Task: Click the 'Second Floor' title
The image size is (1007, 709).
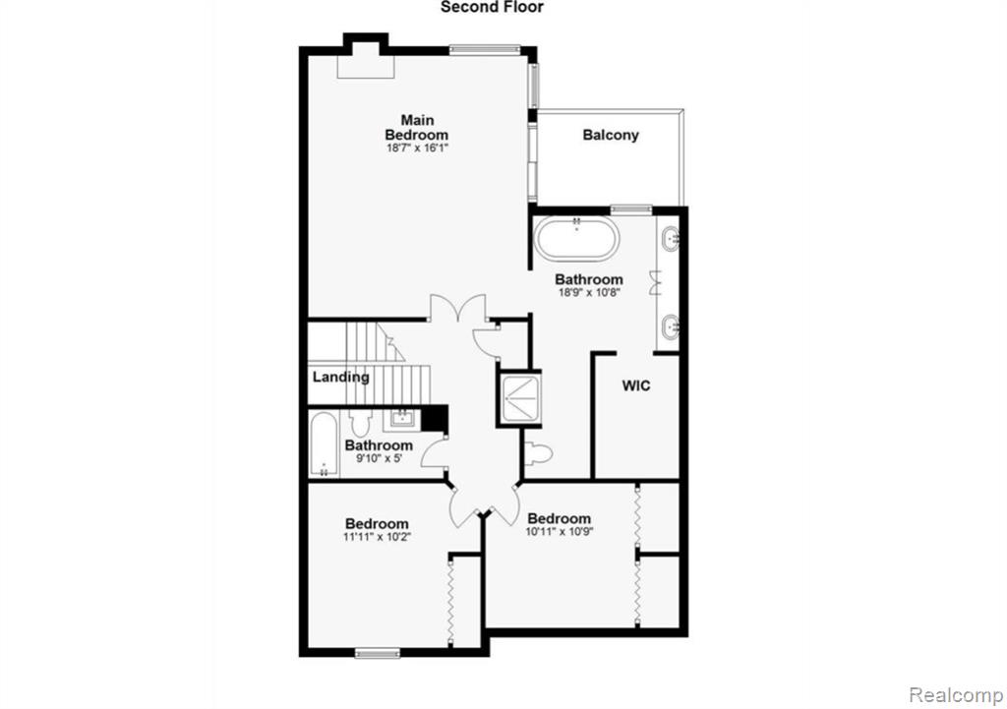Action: (x=492, y=7)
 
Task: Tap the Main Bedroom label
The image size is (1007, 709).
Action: (x=417, y=127)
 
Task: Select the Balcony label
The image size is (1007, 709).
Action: (x=611, y=135)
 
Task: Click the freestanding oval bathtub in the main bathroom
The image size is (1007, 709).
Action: (x=576, y=239)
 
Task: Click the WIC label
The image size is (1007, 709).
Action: (x=636, y=385)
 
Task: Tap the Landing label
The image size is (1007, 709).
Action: (x=341, y=377)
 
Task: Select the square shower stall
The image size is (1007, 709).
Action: (x=519, y=399)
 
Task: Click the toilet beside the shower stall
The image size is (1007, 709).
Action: (x=538, y=453)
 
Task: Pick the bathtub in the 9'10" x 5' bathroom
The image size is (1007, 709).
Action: (x=323, y=444)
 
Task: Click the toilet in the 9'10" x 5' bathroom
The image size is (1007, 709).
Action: (x=360, y=422)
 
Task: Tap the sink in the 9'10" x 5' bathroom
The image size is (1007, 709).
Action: (x=402, y=420)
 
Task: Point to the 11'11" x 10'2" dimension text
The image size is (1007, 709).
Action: (x=377, y=537)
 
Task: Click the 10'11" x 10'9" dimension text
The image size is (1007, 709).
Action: (x=560, y=532)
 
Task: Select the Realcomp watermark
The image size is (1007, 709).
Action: (x=957, y=695)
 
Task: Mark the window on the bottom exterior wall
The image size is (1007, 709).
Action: (x=378, y=653)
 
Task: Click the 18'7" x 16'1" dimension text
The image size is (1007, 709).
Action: (x=417, y=148)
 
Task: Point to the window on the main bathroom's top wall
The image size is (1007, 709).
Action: (x=630, y=208)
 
